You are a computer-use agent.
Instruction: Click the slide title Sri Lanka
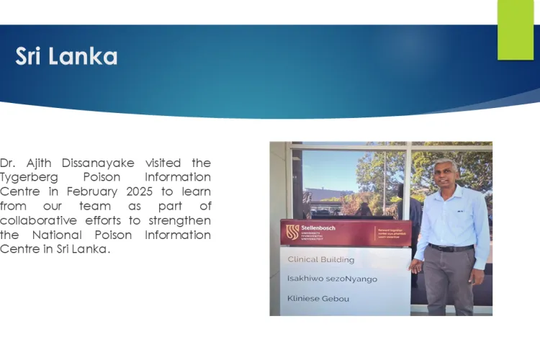coord(66,57)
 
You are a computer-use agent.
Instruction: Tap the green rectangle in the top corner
coord(516,29)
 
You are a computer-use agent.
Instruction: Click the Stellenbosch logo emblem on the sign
coord(292,232)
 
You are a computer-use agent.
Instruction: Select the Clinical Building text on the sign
coord(321,259)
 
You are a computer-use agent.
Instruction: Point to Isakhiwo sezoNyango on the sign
coord(332,279)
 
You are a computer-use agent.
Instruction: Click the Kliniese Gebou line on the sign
coord(318,298)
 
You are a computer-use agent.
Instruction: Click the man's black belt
coord(451,248)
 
